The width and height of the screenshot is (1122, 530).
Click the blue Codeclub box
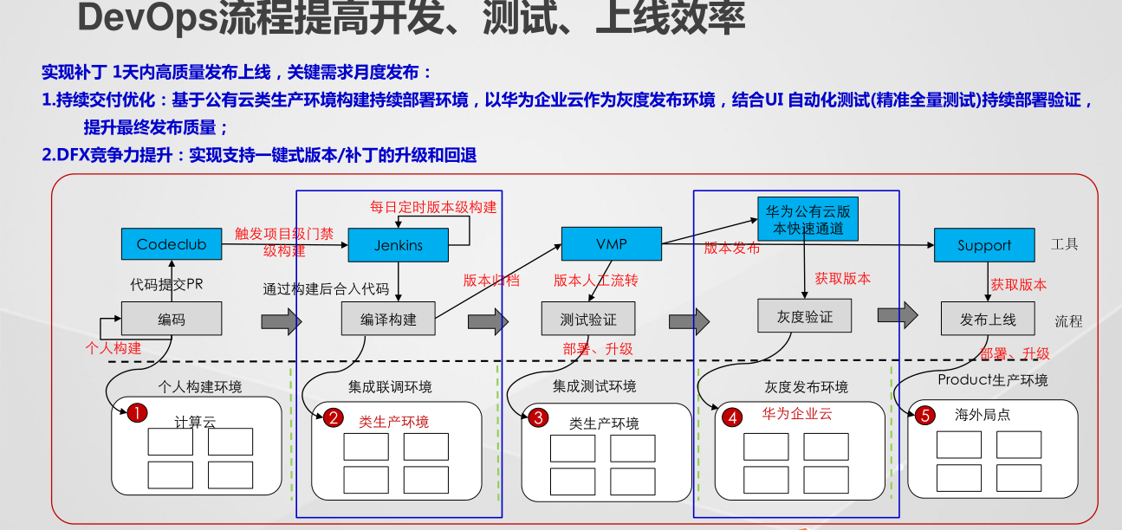172,244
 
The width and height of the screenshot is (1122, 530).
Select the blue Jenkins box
399,245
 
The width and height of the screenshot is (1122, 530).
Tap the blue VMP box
612,243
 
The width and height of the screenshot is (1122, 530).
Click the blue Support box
984,245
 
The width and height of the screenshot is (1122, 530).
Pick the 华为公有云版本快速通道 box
807,220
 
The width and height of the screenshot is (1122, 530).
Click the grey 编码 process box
172,319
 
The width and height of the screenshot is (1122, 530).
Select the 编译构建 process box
388,319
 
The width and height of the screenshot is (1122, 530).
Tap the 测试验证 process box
589,319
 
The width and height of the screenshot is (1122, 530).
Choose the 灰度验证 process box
805,316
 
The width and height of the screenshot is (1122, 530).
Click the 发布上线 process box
989,319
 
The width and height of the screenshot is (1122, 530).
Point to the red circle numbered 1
135,413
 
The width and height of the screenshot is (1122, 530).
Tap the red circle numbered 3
538,418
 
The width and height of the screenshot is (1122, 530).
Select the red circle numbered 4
733,417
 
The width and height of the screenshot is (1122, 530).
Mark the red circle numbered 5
924,416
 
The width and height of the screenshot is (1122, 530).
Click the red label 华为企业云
797,414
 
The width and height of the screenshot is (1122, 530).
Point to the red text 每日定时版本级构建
433,207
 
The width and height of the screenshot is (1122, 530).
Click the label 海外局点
983,415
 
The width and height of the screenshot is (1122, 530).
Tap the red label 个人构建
113,348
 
